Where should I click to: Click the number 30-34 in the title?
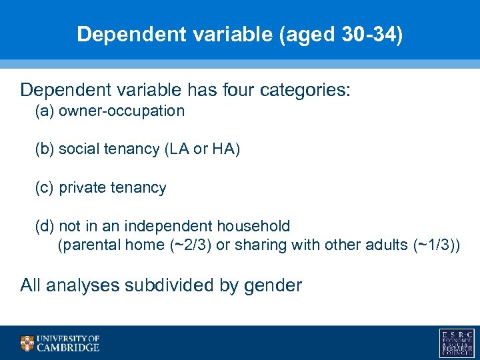365,35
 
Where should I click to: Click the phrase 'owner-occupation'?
121,111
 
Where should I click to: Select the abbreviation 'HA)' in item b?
226,149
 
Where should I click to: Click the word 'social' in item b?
79,149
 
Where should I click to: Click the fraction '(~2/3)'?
190,245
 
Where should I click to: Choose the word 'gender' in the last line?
273,286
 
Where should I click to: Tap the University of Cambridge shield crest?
27,343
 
